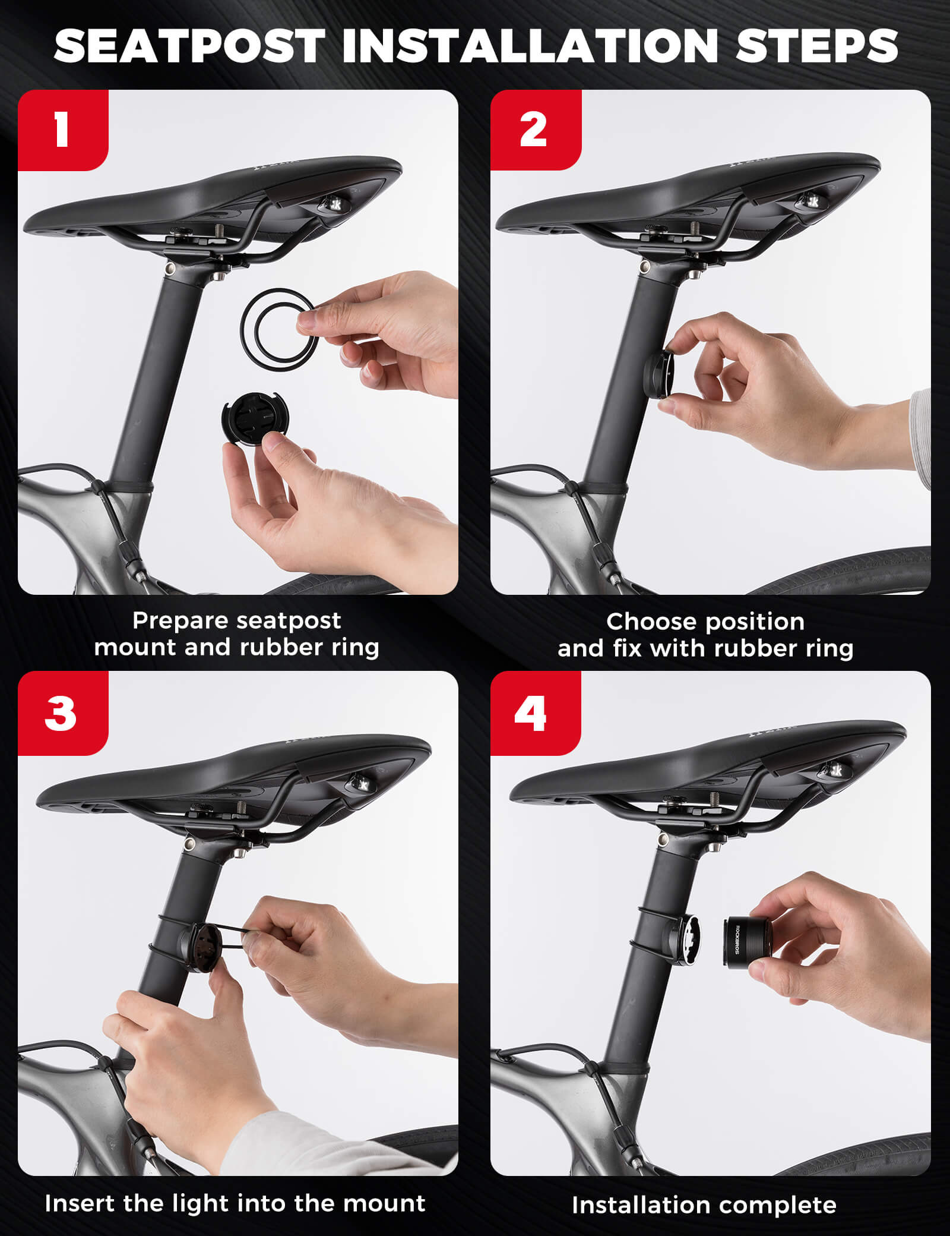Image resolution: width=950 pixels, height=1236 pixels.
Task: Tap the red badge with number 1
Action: pyautogui.click(x=62, y=130)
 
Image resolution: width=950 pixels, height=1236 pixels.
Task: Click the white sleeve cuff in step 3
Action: pyautogui.click(x=309, y=1147)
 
